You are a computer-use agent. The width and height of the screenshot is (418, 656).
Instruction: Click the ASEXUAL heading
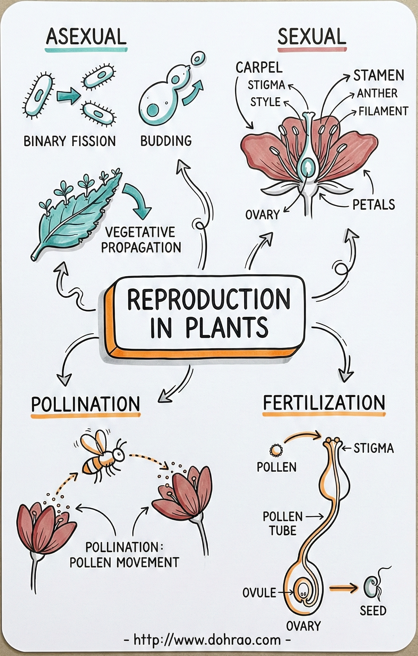(x=86, y=37)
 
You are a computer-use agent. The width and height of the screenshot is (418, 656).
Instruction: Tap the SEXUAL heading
(x=312, y=37)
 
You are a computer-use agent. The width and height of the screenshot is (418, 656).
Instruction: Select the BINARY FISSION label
(x=70, y=141)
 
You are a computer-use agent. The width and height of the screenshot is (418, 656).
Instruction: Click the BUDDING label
(x=166, y=141)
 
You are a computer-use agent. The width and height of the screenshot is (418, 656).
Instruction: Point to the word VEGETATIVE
(x=140, y=233)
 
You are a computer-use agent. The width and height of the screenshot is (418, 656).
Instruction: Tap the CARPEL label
(x=259, y=68)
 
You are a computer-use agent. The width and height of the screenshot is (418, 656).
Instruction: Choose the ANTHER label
(x=377, y=93)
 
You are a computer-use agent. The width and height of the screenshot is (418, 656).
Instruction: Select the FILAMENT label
(x=383, y=111)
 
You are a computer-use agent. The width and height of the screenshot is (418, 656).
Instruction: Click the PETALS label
(x=374, y=205)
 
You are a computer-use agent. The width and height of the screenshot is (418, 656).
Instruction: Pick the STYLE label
(x=265, y=102)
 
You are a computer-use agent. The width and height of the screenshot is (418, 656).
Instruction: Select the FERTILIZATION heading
(x=324, y=402)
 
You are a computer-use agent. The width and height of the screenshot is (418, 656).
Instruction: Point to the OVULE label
(x=259, y=593)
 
